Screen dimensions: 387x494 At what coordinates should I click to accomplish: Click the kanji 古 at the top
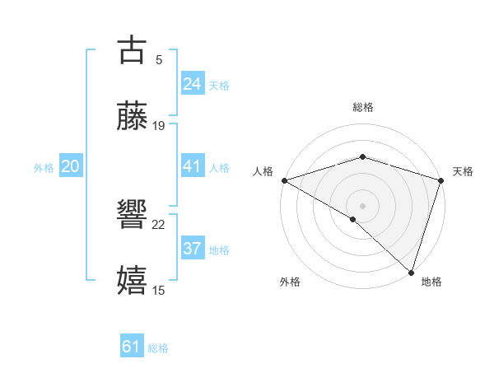point(133,51)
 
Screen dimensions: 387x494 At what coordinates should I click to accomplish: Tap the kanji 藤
point(133,117)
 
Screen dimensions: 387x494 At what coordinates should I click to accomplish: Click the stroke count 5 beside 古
point(158,60)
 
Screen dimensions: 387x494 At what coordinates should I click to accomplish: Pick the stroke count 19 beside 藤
point(159,126)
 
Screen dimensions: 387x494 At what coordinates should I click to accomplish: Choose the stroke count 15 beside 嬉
point(159,291)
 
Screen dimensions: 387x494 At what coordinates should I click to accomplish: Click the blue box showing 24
point(192,84)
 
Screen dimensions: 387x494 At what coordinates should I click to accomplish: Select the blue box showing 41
point(192,166)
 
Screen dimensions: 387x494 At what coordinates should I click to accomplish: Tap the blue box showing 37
point(192,249)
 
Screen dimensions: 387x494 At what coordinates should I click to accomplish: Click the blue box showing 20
point(70,166)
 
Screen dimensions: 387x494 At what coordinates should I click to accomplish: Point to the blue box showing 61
point(131,347)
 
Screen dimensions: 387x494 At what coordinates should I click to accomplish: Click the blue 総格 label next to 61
point(158,348)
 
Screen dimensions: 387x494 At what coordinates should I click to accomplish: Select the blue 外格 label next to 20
point(44,167)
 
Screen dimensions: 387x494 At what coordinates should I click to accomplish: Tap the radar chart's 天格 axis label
point(463,171)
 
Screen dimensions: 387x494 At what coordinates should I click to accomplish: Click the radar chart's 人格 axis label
point(263,171)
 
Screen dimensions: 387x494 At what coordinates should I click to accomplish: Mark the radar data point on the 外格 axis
point(353,219)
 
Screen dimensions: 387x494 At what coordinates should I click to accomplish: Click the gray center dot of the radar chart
point(362,205)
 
